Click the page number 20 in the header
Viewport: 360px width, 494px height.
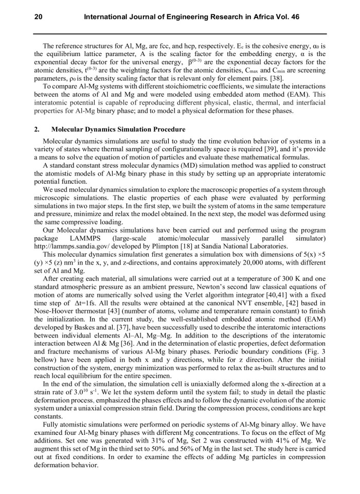[38, 17]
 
